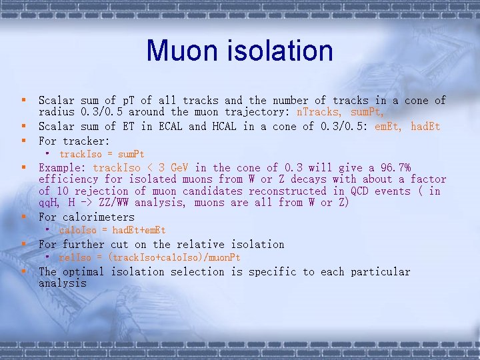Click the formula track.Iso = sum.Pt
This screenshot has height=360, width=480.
pos(102,154)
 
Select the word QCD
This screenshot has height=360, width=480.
pos(369,191)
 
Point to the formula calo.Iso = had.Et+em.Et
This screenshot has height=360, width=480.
pos(113,230)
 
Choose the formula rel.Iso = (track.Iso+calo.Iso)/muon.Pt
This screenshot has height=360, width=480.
pos(149,257)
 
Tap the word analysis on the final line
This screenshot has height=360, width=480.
pos(63,283)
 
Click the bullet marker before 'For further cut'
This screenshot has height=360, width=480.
pos(24,244)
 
